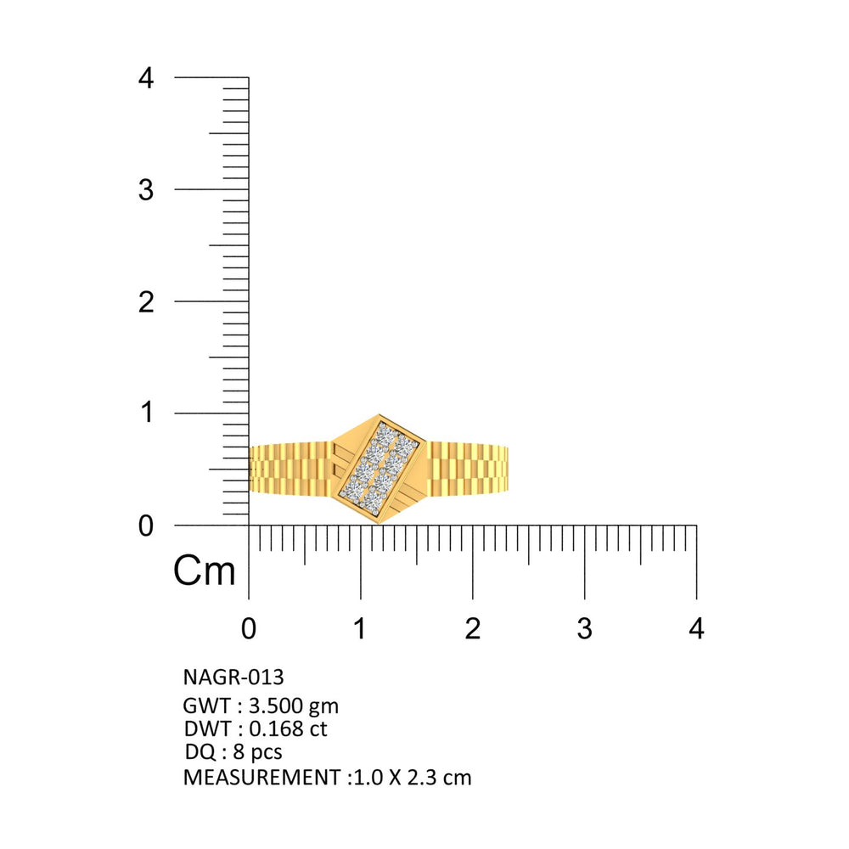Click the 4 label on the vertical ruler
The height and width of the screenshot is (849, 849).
146,78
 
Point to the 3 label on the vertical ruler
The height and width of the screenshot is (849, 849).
146,190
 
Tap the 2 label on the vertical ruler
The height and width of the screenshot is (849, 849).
146,302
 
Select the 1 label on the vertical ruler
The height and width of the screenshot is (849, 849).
147,413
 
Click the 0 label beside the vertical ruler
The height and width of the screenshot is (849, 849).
146,526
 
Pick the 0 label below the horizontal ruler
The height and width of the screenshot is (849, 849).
249,628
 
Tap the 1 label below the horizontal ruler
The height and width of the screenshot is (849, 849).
359,628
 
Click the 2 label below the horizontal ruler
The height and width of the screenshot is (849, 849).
473,628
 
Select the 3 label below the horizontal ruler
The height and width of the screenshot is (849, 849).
584,628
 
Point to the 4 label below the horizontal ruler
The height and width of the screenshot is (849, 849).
696,628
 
